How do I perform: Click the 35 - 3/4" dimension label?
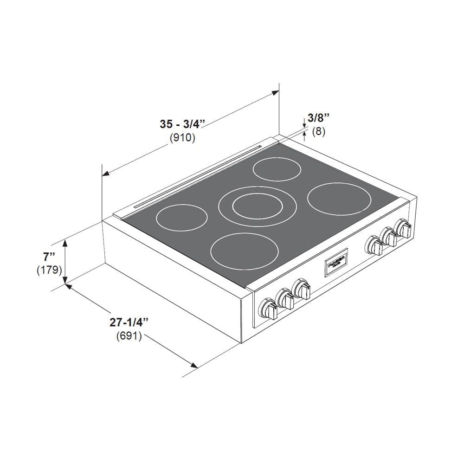(x=182, y=124)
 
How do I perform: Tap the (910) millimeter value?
(x=182, y=138)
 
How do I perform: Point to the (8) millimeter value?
(x=318, y=131)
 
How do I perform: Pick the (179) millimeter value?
(x=49, y=270)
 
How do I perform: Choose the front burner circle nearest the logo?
(x=245, y=253)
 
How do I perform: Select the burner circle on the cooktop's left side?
(x=181, y=217)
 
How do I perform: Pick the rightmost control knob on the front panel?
(x=403, y=229)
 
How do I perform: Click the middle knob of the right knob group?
(x=389, y=237)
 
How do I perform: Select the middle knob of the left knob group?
(x=285, y=299)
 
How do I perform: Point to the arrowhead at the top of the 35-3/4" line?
(x=275, y=93)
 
